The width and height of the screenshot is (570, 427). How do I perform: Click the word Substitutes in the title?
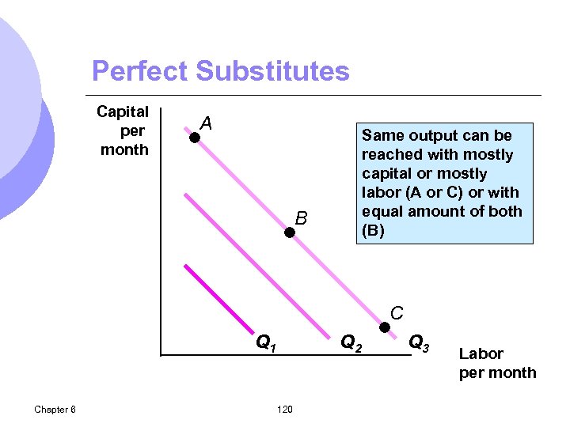coord(272,71)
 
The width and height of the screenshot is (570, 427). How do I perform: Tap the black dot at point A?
coord(194,138)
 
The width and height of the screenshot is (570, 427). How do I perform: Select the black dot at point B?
coord(291,232)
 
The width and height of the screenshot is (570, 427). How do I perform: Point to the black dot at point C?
coord(385,327)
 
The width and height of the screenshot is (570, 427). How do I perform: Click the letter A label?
coord(206,123)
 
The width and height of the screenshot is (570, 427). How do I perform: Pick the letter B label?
coord(301,217)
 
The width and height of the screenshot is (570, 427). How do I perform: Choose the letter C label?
coord(397,312)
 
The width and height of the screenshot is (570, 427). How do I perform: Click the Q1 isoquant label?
coord(266,342)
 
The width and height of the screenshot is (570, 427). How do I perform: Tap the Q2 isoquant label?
coord(351,342)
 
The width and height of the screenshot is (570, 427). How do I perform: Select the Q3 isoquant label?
coord(419,342)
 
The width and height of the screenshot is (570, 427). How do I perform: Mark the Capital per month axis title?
coord(123,130)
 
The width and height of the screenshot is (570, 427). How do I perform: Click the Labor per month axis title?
coord(497,363)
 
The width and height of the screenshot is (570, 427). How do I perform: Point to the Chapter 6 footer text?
coord(55,409)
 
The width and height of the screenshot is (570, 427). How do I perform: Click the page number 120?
coord(285,409)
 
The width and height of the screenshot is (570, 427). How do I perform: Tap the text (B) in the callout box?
coord(373,230)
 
